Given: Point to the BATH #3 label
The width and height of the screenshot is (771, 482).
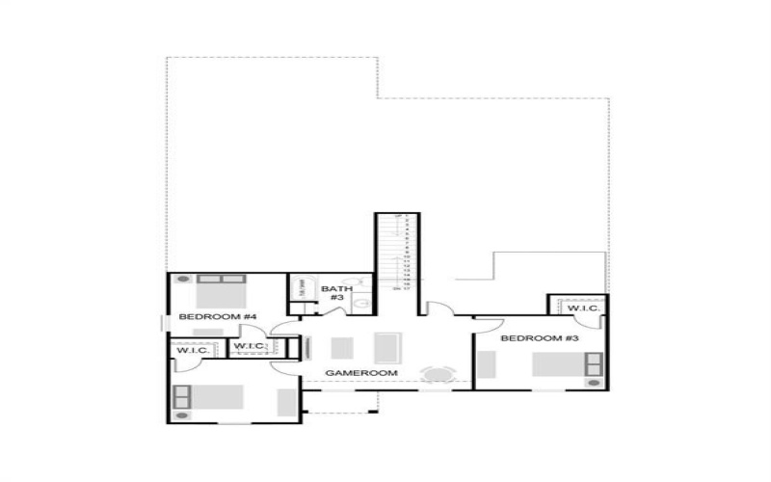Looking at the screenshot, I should coord(336,293).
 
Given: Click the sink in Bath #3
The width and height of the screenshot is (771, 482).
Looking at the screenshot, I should coord(359,305).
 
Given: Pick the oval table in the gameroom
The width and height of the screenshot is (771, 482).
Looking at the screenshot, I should coord(439,375).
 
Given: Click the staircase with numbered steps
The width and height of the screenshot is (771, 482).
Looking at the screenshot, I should coord(397,253).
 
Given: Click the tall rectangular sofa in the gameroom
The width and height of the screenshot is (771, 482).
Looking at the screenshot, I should coord(388,347).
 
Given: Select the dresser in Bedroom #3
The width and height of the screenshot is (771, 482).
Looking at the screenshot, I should coord(486,363).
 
